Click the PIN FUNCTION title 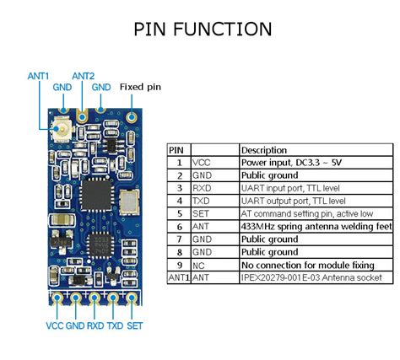[203, 30]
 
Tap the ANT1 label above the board [39, 76]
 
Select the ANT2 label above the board [83, 76]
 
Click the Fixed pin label [139, 86]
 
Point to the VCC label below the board [53, 325]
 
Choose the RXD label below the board [95, 325]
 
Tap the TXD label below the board [115, 325]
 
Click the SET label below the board [135, 325]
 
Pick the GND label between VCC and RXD [74, 325]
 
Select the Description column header [263, 150]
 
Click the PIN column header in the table [176, 150]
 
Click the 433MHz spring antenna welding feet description [316, 227]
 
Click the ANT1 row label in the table [179, 277]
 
